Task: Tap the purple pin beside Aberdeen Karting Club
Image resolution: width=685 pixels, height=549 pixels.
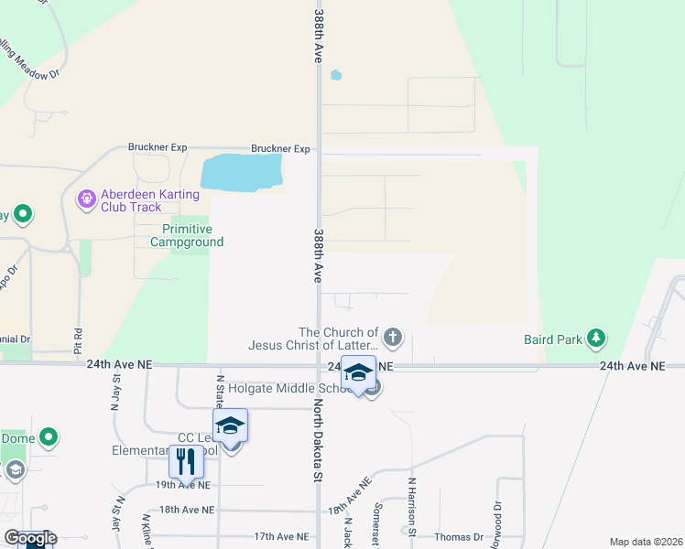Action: (87, 198)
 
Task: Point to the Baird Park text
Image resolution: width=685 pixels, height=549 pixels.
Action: (553, 339)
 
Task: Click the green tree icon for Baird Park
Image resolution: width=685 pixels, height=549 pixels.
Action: (596, 339)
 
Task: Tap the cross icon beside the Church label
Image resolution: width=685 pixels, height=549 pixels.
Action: (393, 338)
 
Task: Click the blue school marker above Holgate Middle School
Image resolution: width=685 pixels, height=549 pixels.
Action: (358, 372)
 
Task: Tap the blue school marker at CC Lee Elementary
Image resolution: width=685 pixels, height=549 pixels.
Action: (230, 425)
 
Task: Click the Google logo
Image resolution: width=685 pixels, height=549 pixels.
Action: (30, 538)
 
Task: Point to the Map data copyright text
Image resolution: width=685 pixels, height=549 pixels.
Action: (645, 542)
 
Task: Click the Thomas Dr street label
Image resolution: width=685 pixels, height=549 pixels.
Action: (459, 537)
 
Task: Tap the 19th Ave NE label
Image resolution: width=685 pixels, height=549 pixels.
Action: (184, 485)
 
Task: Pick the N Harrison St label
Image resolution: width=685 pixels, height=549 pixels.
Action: (412, 506)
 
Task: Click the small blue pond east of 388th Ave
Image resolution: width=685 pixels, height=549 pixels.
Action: (335, 75)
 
